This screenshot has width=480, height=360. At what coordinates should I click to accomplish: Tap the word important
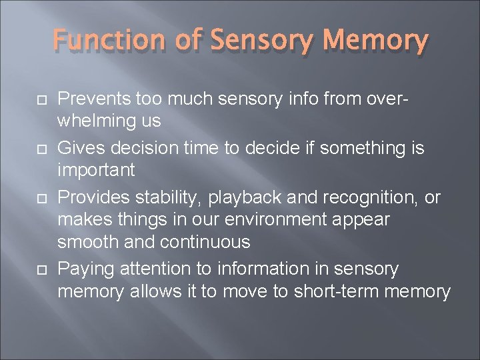(x=96, y=170)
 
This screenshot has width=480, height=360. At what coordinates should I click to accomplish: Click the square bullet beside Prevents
(x=29, y=100)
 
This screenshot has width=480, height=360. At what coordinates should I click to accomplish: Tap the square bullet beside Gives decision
(x=29, y=147)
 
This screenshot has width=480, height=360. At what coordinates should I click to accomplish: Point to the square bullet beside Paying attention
(x=29, y=269)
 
